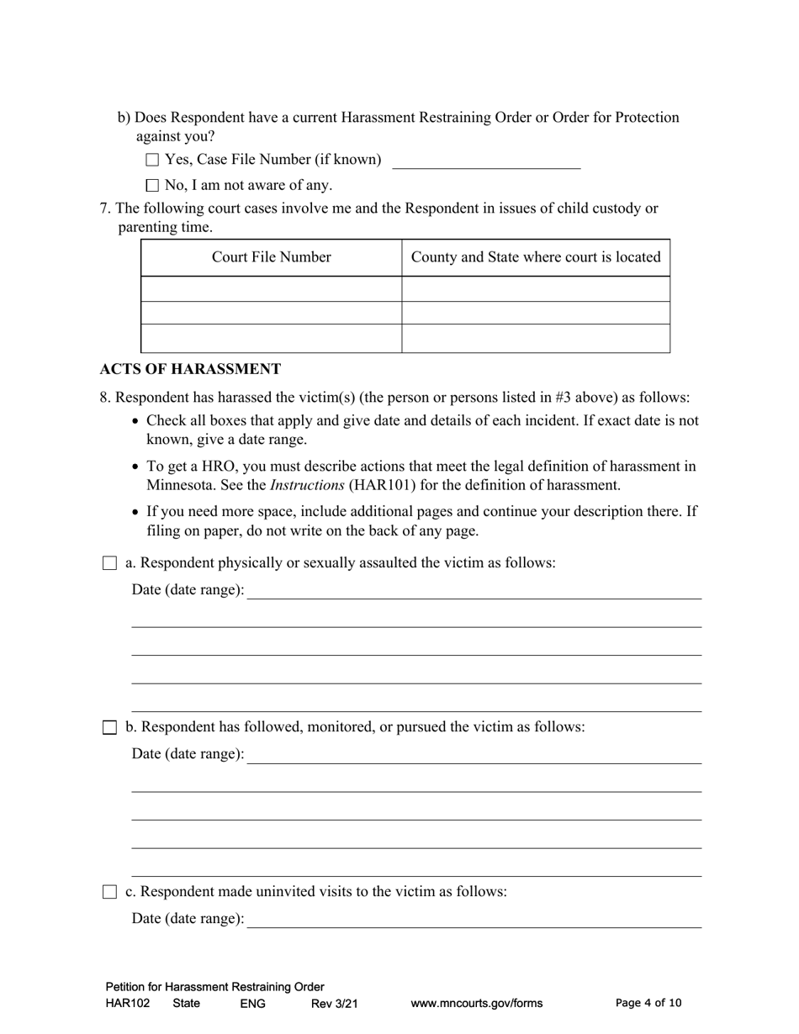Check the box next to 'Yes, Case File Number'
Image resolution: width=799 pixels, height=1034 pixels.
coord(152,160)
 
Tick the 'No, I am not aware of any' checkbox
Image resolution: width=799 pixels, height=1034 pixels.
coord(152,186)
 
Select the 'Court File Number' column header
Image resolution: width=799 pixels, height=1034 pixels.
coord(271,257)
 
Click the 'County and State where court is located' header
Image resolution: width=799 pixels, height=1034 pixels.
coord(536,257)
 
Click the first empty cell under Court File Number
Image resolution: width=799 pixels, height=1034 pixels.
coord(271,288)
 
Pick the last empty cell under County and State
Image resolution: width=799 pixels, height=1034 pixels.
coord(536,338)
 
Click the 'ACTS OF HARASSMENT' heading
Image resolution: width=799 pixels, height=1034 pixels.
coord(190,369)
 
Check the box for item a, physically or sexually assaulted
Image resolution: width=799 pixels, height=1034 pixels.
coord(109,564)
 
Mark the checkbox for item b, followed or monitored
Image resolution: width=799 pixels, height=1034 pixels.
coord(109,728)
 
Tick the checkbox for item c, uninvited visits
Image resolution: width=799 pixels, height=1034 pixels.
coord(109,893)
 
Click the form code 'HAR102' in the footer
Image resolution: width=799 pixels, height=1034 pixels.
coord(128,1003)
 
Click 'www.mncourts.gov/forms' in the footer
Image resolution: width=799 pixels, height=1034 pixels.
coord(476,1003)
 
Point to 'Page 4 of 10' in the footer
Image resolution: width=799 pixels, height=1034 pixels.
coord(648,1003)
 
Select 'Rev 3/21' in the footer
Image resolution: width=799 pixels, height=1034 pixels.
coord(335,1003)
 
